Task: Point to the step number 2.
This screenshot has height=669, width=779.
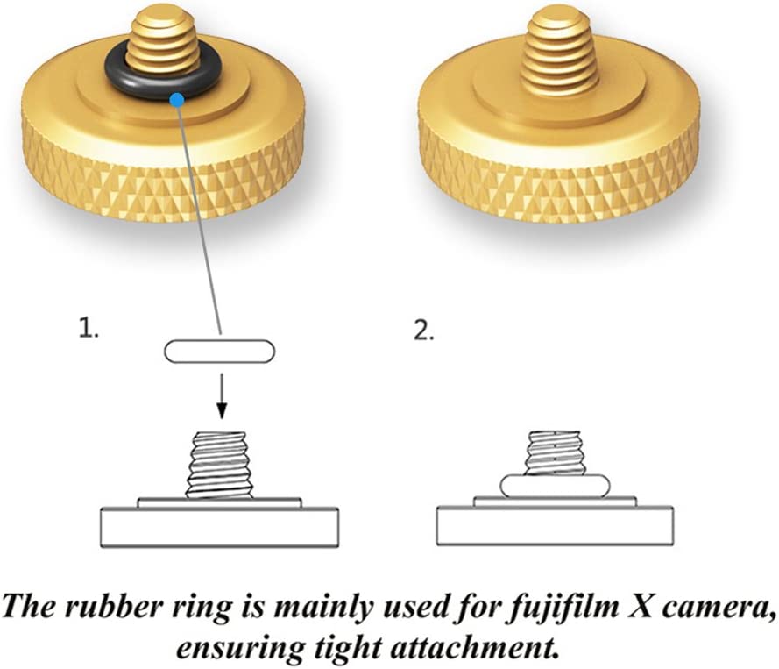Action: click(x=422, y=332)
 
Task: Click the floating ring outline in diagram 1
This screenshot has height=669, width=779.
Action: click(x=219, y=352)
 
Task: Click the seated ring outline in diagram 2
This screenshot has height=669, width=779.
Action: click(x=554, y=485)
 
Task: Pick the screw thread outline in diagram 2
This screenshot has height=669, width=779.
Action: click(x=554, y=451)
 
